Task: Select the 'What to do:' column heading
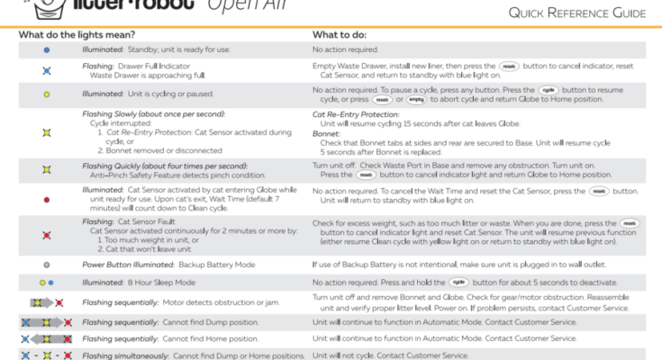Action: tap(343, 34)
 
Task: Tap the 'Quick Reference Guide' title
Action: tap(576, 13)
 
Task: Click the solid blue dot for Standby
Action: tap(46, 50)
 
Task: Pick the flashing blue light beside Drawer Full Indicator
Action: tap(46, 70)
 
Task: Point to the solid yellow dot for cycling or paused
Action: tap(46, 94)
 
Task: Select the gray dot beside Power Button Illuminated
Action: tap(46, 265)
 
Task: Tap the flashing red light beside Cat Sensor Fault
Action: tap(46, 235)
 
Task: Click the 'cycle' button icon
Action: tap(549, 91)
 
